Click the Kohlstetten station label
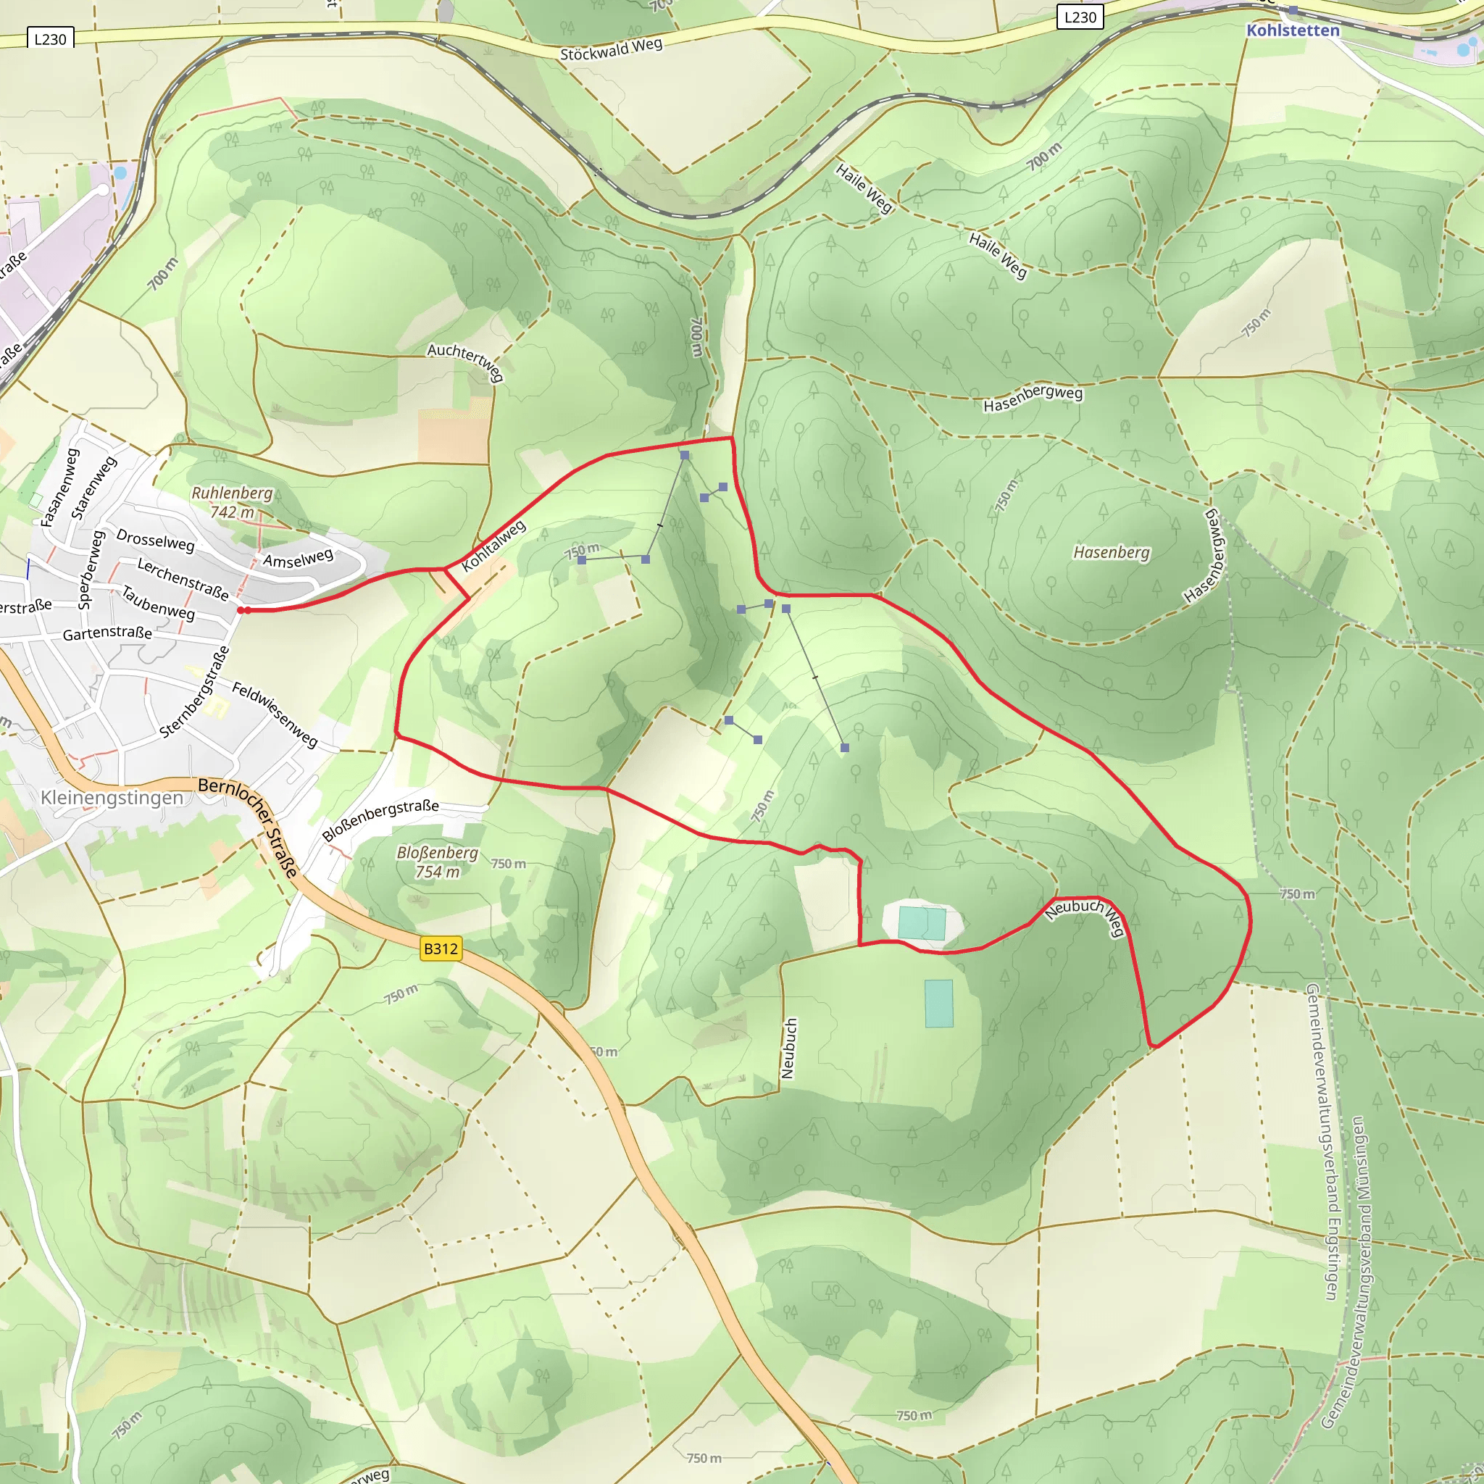1292,30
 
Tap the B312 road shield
441,949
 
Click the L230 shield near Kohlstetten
1080,17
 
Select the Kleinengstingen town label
112,797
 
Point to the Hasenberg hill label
1111,552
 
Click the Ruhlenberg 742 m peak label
232,501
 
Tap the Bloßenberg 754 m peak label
437,862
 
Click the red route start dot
241,610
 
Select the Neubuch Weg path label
1087,917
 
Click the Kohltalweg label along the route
494,546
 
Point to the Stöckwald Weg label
611,50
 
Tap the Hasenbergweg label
1033,398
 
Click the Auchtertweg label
466,361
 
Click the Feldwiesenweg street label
275,714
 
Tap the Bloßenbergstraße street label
380,820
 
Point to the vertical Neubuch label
788,1049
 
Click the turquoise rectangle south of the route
938,1003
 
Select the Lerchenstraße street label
183,579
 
